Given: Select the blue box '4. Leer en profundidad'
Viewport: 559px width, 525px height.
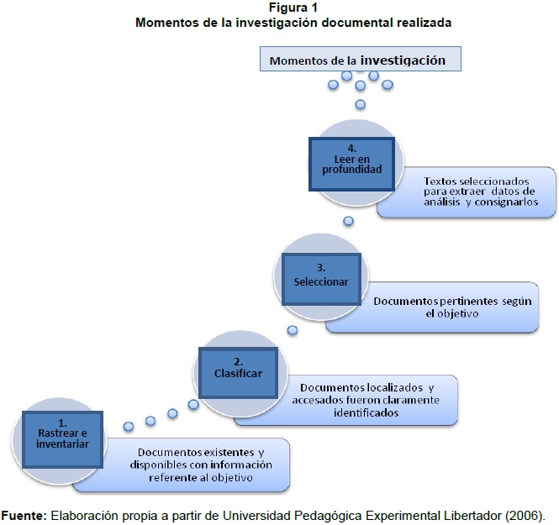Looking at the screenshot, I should [x=351, y=158].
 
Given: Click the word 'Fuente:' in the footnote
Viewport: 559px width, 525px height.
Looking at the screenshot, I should [x=24, y=514].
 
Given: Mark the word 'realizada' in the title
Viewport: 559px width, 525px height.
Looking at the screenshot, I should [x=422, y=23].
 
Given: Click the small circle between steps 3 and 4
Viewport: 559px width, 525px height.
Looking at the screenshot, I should [x=347, y=221].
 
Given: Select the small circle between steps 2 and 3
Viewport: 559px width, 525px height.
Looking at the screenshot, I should [x=292, y=329].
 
